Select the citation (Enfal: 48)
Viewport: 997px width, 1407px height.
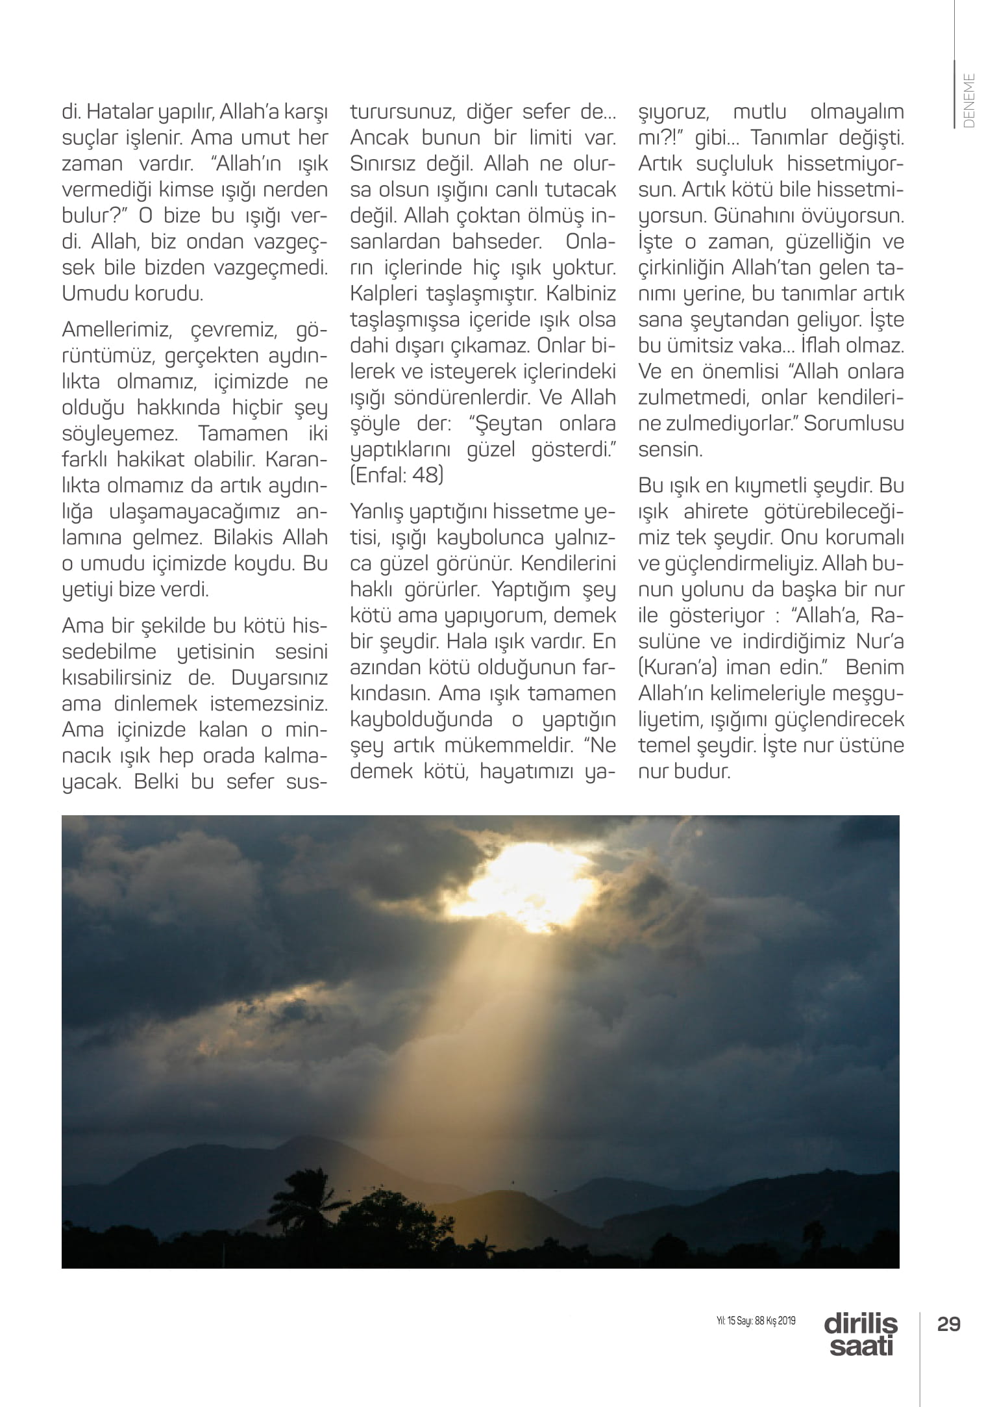pyautogui.click(x=397, y=475)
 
